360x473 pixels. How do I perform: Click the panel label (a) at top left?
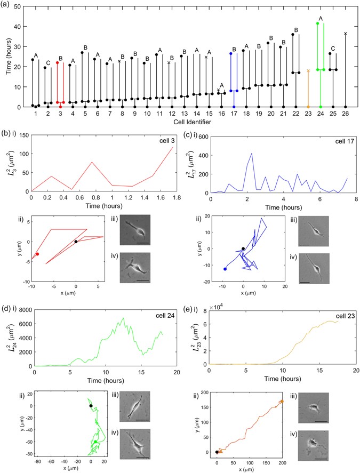coord(6,5)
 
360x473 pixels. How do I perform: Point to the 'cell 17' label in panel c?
coord(341,141)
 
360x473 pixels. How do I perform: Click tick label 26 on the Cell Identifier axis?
coord(346,114)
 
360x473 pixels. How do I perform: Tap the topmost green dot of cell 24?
coord(318,23)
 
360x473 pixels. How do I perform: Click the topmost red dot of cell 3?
coord(57,62)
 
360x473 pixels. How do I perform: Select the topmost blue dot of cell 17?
coord(231,53)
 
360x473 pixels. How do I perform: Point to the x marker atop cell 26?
coord(346,34)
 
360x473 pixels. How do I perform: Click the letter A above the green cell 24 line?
coord(321,18)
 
